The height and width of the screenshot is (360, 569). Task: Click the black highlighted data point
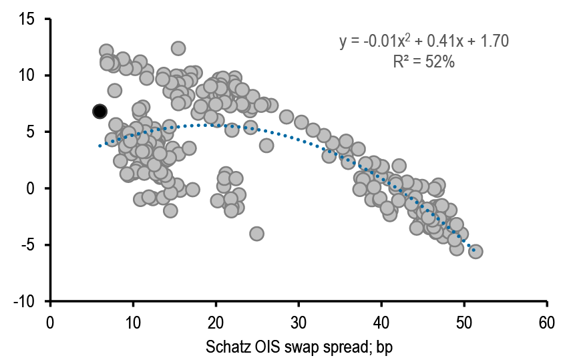(100, 112)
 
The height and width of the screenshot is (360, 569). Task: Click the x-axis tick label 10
(133, 322)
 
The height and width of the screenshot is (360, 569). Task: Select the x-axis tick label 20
(216, 322)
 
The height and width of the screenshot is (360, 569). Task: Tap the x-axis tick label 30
(299, 322)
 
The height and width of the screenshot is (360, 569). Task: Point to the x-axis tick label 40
(381, 322)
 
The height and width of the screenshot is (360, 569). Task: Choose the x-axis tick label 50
(464, 322)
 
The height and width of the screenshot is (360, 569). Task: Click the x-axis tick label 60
(547, 322)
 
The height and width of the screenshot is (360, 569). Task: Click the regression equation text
(425, 41)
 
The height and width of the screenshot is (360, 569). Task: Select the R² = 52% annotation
(425, 62)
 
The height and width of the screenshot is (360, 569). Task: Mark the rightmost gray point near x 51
(476, 251)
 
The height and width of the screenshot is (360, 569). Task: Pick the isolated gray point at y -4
(256, 233)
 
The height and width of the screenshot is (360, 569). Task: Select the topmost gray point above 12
(178, 48)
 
